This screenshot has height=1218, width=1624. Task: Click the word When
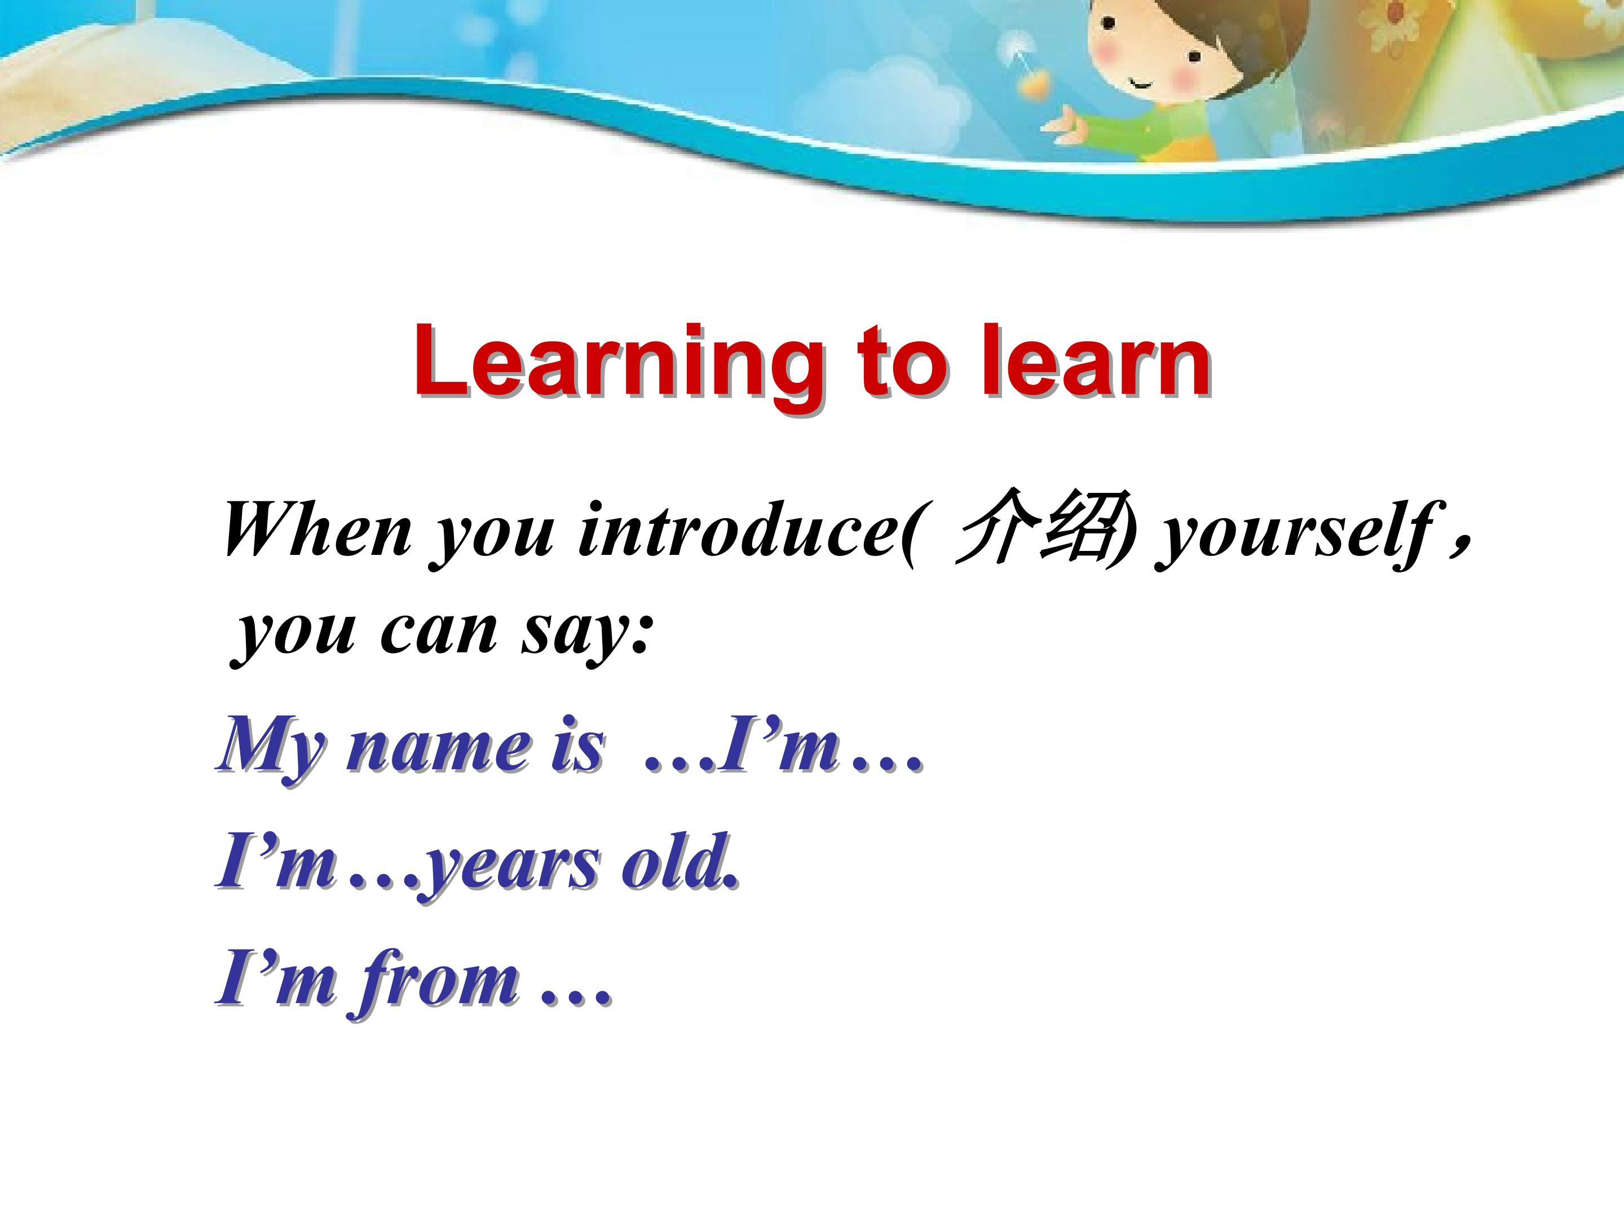coord(317,530)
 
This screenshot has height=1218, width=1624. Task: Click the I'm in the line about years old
coord(275,863)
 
